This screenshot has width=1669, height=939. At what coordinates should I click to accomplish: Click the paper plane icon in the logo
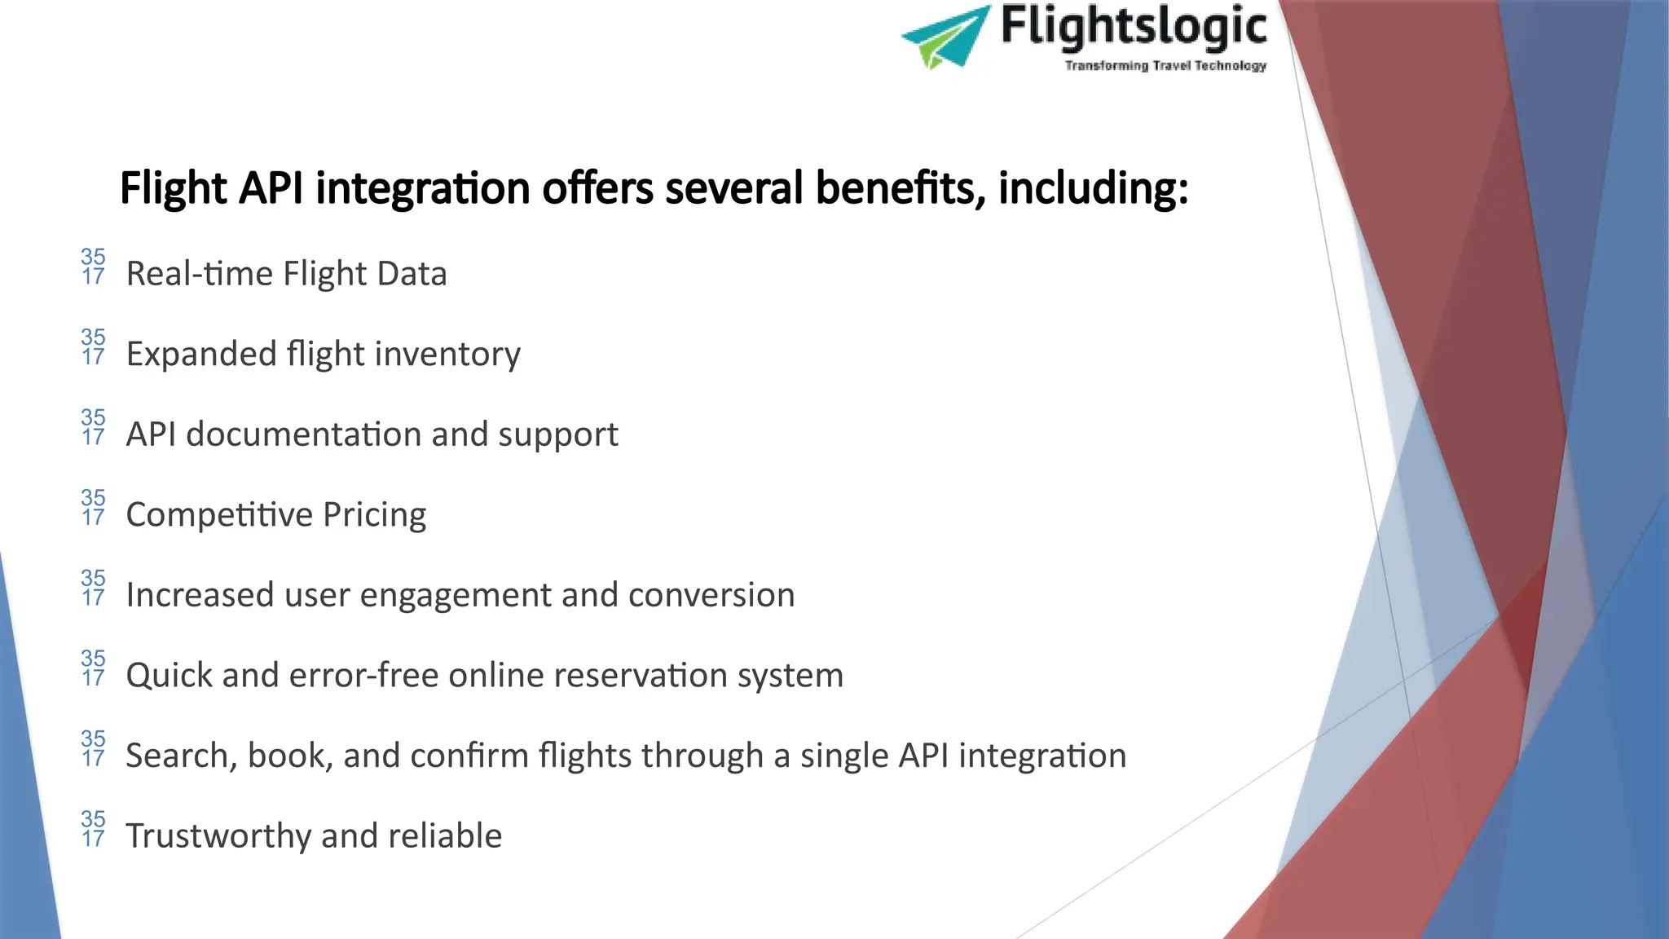pos(945,37)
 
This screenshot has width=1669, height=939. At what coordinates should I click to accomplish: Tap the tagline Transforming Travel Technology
pos(1165,65)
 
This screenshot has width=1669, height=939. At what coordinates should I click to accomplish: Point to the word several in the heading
pos(735,188)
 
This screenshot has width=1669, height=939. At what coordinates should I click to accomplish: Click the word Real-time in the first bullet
pos(200,274)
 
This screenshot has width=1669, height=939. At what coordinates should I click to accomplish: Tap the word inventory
pos(447,355)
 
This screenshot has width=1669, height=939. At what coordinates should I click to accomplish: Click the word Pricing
pos(374,515)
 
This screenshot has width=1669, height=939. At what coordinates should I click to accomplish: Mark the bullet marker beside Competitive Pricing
pos(93,507)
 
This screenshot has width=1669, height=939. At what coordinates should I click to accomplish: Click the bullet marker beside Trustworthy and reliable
pos(93,828)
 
